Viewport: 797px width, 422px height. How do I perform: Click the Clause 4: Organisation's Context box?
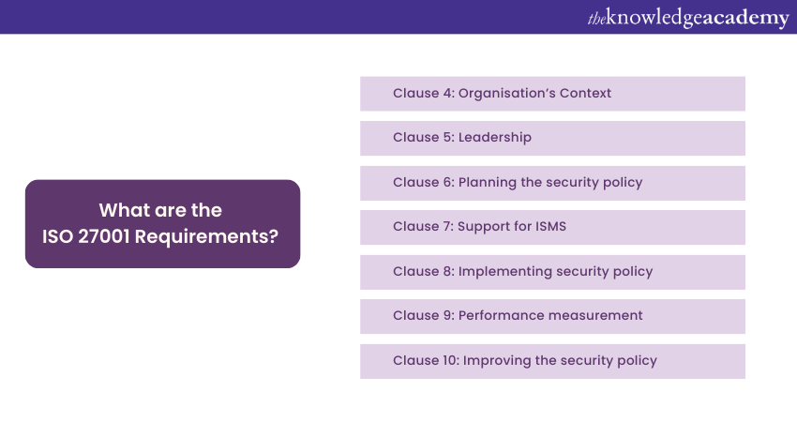[552, 94]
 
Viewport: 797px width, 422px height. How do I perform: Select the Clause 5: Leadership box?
[552, 138]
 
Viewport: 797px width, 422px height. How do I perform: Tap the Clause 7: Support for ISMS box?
[552, 227]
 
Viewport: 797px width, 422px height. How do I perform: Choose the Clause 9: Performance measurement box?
[552, 316]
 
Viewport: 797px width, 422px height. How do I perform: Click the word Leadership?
[495, 138]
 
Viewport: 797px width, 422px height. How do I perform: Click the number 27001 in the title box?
[104, 236]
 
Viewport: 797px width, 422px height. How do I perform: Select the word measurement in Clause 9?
[596, 316]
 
